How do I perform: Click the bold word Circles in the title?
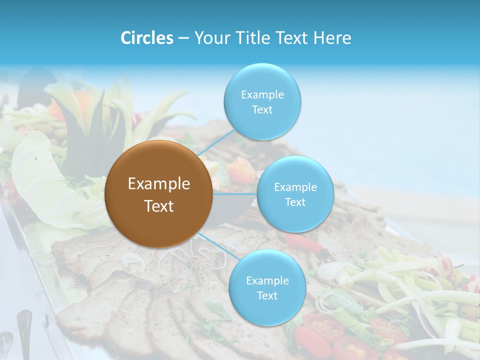tap(146, 38)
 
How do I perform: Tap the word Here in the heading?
tap(332, 38)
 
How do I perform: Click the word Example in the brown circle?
tap(158, 184)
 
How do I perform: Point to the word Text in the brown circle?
tap(158, 206)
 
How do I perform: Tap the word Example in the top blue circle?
tap(262, 94)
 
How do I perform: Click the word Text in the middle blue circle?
tap(295, 202)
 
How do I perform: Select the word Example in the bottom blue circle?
tap(267, 280)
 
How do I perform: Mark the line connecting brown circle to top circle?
tap(216, 142)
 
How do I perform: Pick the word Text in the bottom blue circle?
tap(267, 295)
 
